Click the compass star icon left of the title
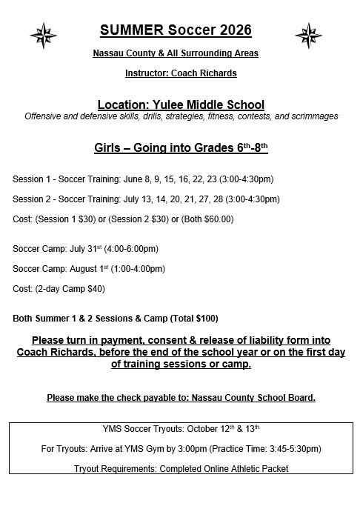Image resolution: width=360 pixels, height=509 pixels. click(x=43, y=34)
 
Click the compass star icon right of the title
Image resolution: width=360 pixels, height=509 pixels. click(x=307, y=34)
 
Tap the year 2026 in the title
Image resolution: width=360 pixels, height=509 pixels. click(x=230, y=30)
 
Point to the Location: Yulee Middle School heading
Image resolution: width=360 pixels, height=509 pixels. click(x=181, y=104)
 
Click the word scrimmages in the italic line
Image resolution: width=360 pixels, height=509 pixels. click(x=313, y=117)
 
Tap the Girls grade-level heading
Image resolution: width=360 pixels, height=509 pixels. click(x=181, y=147)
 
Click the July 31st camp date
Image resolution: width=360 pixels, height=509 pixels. click(x=81, y=249)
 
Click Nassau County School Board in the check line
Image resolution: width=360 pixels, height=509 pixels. click(x=253, y=398)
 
